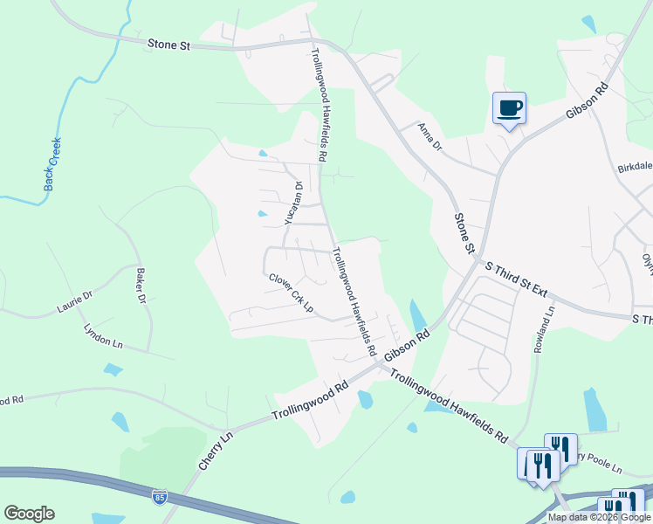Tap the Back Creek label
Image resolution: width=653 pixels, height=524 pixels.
tap(52, 164)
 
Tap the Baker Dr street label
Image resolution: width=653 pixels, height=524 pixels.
tap(141, 285)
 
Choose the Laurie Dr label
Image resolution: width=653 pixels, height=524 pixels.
tap(74, 303)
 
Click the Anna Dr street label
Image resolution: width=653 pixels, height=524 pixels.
tap(430, 137)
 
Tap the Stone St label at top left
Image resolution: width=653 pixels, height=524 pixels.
tap(168, 44)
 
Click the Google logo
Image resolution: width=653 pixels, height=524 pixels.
tap(29, 514)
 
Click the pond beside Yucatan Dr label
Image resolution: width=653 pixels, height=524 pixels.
tap(262, 213)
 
